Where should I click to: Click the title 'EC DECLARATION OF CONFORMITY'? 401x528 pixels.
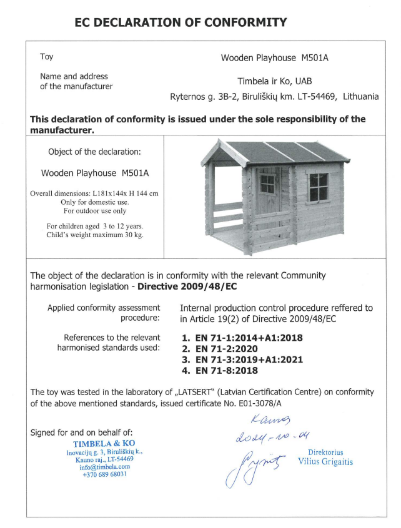click(181, 23)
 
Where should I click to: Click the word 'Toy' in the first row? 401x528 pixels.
click(47, 57)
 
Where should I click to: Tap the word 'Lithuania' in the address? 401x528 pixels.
click(360, 97)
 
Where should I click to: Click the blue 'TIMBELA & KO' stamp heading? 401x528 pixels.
click(104, 443)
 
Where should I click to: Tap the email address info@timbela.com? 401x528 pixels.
click(105, 466)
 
